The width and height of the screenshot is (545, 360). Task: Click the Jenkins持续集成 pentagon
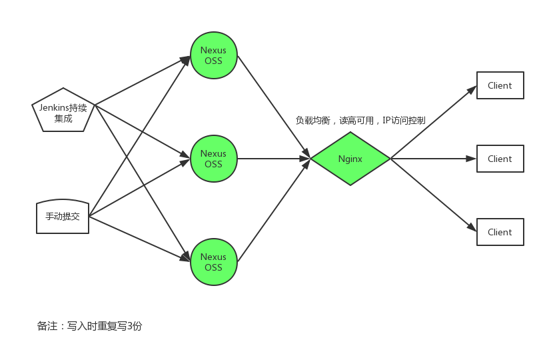click(63, 110)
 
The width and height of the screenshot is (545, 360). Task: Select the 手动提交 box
click(63, 217)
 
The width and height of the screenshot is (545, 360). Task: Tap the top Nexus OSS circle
click(214, 55)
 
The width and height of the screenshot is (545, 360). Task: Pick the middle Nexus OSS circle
click(214, 159)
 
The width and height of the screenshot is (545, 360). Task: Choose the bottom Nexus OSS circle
click(214, 262)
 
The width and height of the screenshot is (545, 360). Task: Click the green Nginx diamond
click(350, 159)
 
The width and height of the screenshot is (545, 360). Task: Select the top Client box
click(500, 85)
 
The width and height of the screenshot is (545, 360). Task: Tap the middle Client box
click(500, 159)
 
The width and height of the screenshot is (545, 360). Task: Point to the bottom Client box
click(500, 232)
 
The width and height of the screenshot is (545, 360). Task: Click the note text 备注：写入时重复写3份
click(89, 326)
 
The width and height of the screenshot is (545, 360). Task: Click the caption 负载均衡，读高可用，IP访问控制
click(360, 121)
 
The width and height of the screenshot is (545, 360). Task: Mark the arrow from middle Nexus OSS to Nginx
click(274, 159)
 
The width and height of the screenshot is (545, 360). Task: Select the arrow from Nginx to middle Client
click(433, 159)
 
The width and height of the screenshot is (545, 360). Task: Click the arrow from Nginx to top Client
click(434, 122)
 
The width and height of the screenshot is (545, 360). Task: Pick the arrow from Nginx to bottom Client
click(434, 195)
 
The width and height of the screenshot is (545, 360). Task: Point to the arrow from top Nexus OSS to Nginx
click(274, 107)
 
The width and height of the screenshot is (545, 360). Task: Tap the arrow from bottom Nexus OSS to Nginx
click(274, 211)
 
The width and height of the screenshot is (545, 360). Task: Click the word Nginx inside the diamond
click(350, 159)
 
